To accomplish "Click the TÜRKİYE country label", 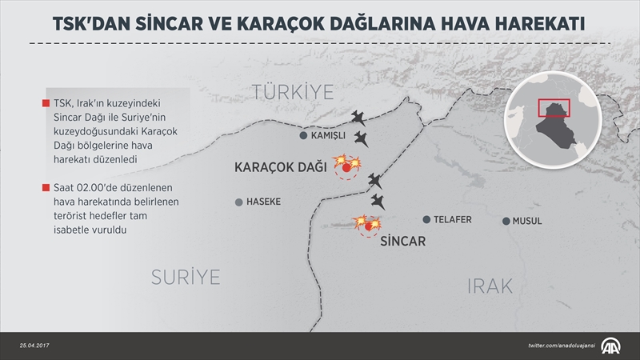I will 293,91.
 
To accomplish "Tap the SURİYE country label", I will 186,277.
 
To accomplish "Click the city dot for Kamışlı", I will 303,136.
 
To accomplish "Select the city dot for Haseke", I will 238,202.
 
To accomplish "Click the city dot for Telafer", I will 426,219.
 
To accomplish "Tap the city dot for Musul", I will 506,221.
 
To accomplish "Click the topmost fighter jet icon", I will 361,118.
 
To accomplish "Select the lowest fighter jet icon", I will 376,202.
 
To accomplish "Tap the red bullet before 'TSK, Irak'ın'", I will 45,102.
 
